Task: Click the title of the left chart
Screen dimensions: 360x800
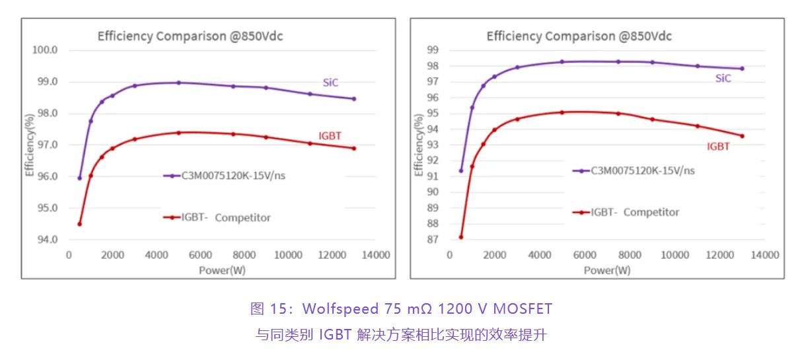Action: (190, 36)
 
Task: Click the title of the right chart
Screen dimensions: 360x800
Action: (579, 36)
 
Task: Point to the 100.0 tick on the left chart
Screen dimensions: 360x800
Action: (46, 50)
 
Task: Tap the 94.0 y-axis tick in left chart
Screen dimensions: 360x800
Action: (46, 239)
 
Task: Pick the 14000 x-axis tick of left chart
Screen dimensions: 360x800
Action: (376, 256)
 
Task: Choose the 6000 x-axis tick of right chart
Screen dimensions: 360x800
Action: (585, 256)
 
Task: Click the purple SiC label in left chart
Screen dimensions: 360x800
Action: (331, 83)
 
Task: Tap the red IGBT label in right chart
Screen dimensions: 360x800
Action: (718, 147)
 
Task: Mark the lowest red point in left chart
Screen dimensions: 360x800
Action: (80, 224)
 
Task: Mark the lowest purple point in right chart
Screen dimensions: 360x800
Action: (461, 170)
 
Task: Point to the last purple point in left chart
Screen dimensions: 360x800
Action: (353, 99)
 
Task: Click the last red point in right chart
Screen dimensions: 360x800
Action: (742, 136)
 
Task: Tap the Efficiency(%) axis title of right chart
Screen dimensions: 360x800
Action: (419, 145)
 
